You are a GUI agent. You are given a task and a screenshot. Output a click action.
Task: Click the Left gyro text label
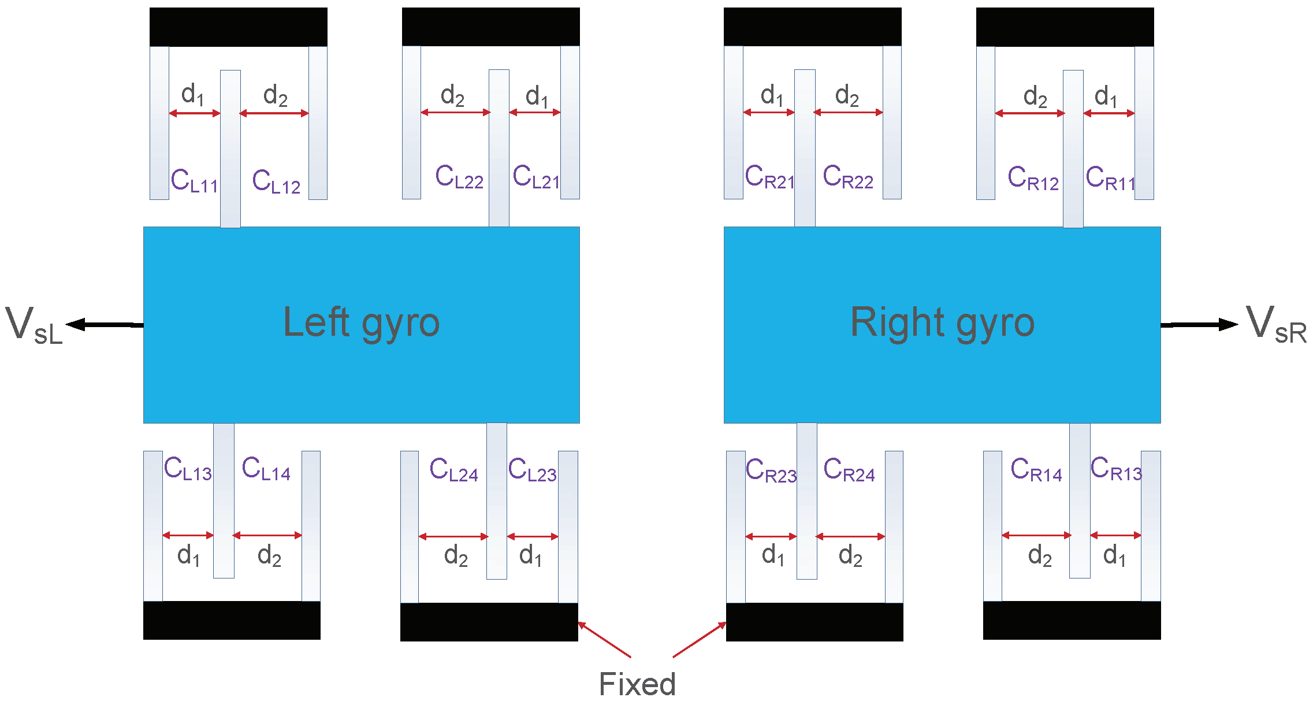click(362, 322)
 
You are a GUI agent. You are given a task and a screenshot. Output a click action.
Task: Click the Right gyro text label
click(942, 322)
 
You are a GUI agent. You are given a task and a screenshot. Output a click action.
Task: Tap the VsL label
click(34, 326)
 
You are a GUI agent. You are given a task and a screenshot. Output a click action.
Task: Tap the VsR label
click(1276, 325)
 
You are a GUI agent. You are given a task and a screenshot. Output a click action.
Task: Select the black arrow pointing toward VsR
click(1199, 324)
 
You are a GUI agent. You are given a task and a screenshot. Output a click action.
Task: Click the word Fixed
click(637, 684)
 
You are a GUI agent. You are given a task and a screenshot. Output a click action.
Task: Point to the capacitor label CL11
click(194, 181)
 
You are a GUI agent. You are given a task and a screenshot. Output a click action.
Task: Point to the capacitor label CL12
click(276, 181)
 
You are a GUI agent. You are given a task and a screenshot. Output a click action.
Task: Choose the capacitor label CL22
click(459, 177)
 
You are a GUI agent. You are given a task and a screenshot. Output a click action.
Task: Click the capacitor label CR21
click(769, 177)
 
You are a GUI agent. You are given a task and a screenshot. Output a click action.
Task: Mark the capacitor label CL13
click(187, 469)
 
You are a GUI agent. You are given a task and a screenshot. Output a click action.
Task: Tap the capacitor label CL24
click(453, 470)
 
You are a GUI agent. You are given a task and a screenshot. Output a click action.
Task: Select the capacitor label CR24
click(849, 470)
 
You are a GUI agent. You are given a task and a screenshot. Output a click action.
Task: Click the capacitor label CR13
click(1115, 469)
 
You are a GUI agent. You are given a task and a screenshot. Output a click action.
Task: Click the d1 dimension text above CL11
click(192, 95)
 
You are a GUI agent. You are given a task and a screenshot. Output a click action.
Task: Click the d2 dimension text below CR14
click(1039, 556)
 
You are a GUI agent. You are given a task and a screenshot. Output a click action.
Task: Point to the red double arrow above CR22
click(848, 112)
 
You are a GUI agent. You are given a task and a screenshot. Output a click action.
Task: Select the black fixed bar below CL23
click(489, 622)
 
